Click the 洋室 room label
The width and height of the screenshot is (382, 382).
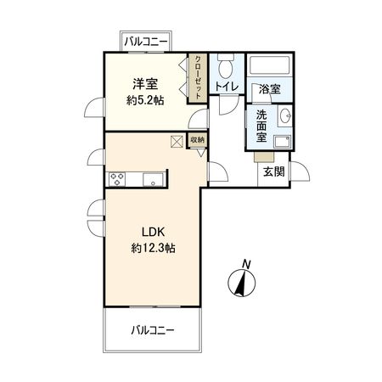[143, 83]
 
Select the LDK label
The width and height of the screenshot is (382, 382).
[153, 232]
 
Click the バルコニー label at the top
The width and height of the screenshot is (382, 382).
[145, 40]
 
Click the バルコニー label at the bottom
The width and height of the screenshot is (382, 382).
[153, 329]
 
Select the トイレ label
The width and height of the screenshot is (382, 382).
[226, 87]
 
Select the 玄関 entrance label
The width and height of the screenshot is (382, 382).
[273, 171]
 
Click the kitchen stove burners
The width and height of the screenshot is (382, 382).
[117, 178]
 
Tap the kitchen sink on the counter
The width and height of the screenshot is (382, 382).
[153, 178]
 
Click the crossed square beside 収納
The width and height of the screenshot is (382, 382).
[177, 142]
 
